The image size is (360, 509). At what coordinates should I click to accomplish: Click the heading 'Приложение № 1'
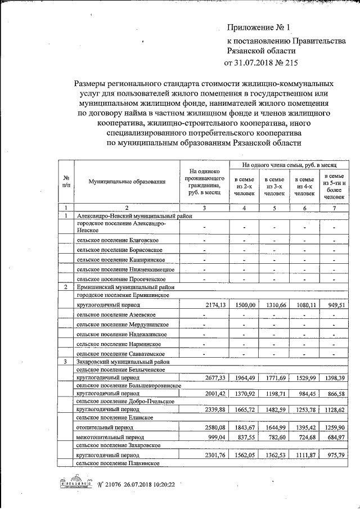pyautogui.click(x=259, y=27)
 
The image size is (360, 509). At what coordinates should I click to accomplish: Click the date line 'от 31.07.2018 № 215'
pyautogui.click(x=260, y=62)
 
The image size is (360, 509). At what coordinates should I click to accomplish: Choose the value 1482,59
pyautogui.click(x=274, y=410)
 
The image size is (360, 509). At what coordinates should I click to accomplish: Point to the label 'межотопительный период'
pyautogui.click(x=110, y=437)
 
